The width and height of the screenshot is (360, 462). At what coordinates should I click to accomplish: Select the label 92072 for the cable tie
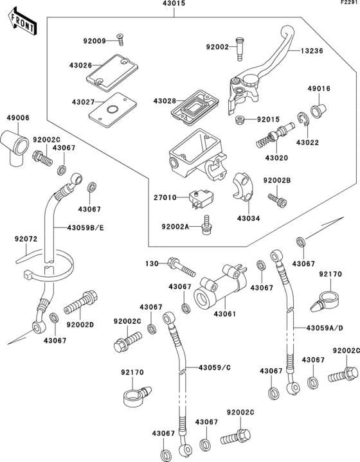(25, 238)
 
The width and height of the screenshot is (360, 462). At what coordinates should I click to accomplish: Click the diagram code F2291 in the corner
(348, 4)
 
